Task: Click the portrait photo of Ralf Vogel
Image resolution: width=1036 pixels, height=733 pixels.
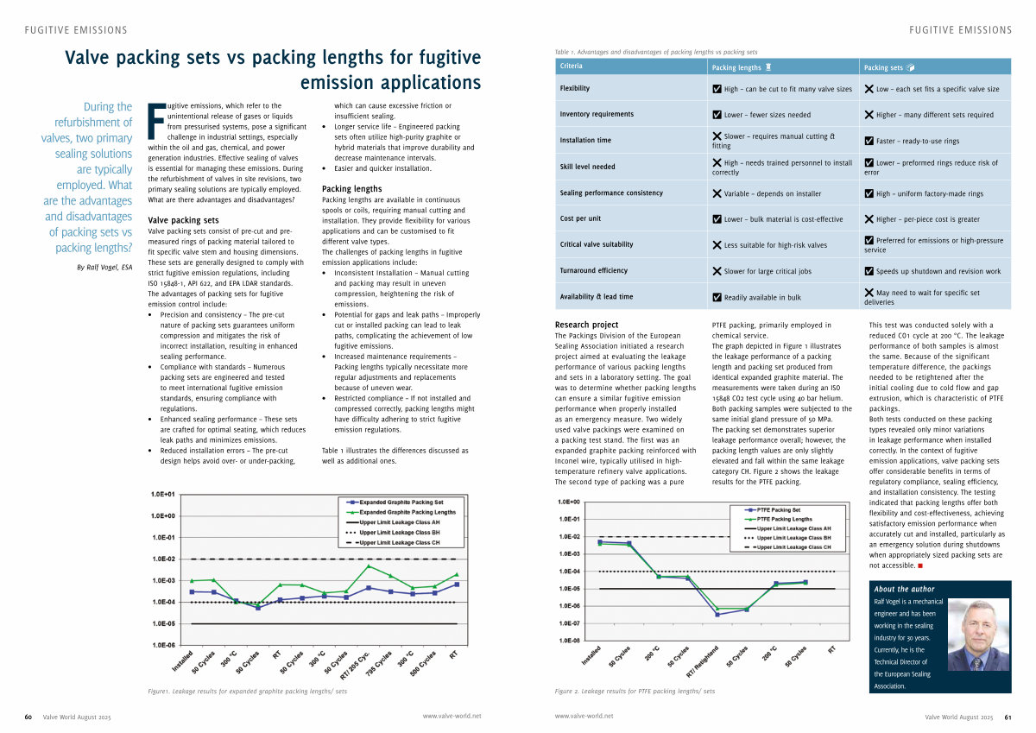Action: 978,635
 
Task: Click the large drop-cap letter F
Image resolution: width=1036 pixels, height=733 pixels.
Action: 155,120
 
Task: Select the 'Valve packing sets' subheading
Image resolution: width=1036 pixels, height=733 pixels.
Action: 183,220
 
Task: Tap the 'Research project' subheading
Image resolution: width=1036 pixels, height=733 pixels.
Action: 586,325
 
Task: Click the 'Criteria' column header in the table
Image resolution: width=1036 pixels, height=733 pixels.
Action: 572,66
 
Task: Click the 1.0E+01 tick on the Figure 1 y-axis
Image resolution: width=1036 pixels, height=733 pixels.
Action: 163,495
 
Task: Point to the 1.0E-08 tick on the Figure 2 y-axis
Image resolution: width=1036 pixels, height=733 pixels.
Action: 569,641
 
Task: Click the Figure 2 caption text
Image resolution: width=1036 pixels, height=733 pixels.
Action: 635,692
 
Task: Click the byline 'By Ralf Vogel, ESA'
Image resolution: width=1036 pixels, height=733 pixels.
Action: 104,267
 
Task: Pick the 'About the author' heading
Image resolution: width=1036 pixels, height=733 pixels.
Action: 904,589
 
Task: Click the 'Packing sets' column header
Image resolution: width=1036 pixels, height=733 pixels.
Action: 889,66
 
